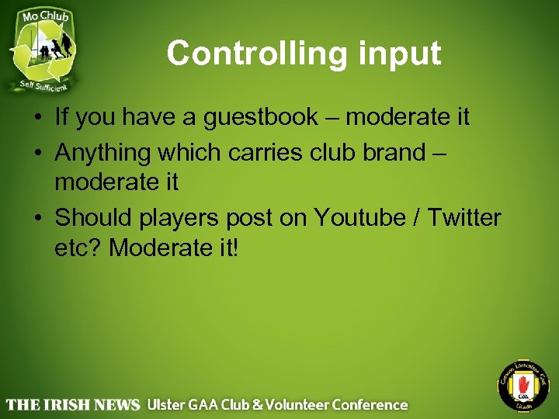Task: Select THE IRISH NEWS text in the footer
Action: pyautogui.click(x=74, y=405)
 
